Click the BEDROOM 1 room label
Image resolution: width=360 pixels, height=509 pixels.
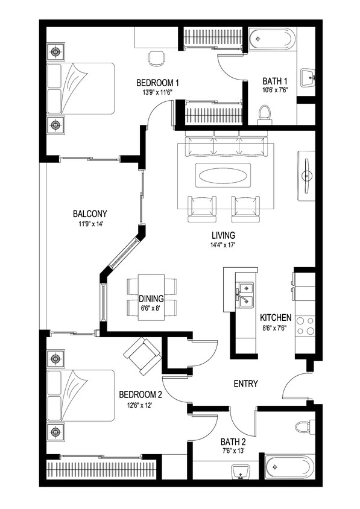pos(157,83)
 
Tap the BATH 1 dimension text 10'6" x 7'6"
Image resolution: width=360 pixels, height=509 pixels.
pos(274,91)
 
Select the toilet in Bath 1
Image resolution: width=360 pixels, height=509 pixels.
pos(264,113)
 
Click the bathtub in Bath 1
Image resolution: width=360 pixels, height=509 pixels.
pos(271,40)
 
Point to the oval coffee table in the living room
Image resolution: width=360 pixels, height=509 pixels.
pos(221,177)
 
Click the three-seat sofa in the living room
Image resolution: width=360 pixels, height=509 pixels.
pos(221,147)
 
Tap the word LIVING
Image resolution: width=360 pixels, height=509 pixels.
pos(223,235)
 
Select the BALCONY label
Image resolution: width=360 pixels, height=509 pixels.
pos(90,214)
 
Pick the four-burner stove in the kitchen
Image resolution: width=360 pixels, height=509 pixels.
pos(306,326)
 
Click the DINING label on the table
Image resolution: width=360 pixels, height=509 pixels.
pos(151,298)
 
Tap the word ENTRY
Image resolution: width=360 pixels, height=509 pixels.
pos(245,384)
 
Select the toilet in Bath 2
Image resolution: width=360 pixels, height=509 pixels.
pos(304,427)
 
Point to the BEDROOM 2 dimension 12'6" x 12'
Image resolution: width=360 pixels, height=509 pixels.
pos(140,405)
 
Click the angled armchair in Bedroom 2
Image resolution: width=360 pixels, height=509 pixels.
pos(143,356)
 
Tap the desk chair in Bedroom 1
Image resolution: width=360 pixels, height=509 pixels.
pos(156,58)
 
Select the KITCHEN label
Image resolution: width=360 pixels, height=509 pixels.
pos(276,318)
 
